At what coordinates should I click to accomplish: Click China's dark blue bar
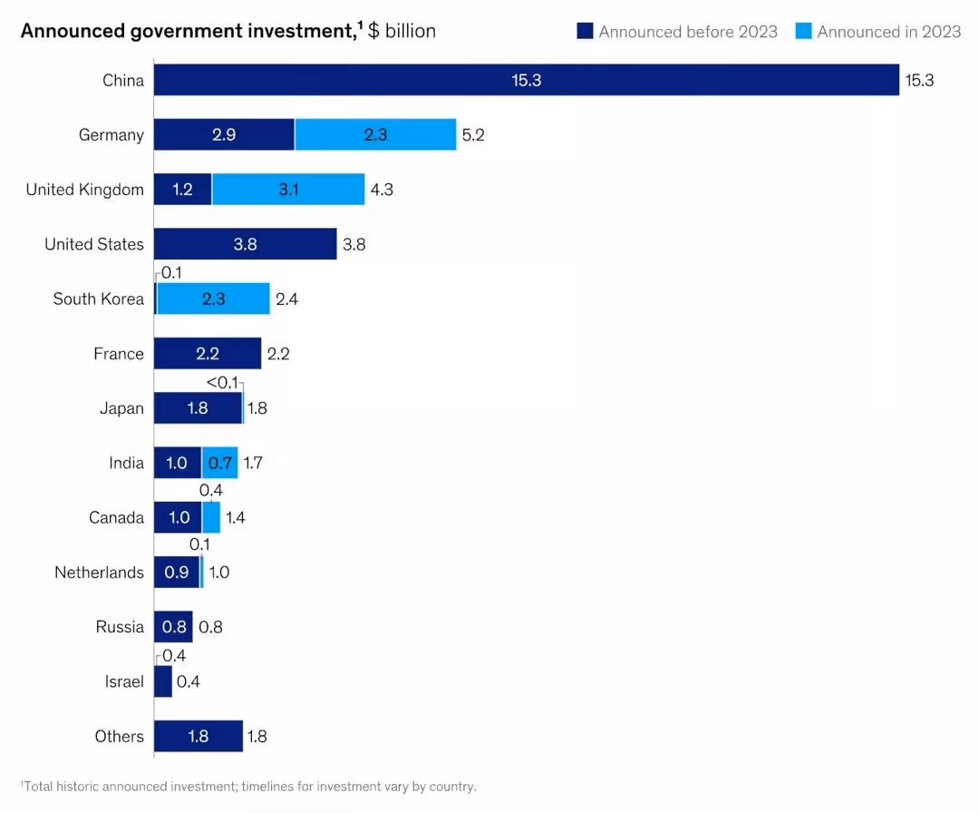[527, 80]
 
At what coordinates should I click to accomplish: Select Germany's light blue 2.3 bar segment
[375, 134]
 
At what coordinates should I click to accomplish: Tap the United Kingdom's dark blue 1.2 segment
[183, 190]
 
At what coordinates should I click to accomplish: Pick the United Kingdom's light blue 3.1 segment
[288, 190]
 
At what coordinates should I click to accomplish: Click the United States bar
[246, 244]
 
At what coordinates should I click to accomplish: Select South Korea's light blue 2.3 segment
[214, 299]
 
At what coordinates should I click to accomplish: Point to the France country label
[119, 354]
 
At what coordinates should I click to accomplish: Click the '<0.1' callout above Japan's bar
[222, 382]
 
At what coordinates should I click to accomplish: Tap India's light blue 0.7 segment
[219, 463]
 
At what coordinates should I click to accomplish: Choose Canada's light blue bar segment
[211, 517]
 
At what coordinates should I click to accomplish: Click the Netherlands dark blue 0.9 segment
[177, 572]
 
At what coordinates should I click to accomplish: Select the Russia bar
[173, 627]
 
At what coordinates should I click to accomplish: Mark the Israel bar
[163, 681]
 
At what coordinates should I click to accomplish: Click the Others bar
[199, 736]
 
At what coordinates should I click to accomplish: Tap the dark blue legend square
[585, 31]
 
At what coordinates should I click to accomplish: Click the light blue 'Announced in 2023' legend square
[803, 31]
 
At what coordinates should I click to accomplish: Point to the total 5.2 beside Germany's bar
[473, 135]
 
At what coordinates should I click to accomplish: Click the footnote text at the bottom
[248, 786]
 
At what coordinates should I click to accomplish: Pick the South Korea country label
[99, 299]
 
